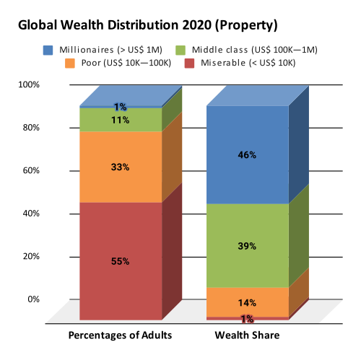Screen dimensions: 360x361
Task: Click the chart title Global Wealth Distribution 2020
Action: (x=147, y=25)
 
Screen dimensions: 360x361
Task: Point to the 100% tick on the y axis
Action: (x=30, y=85)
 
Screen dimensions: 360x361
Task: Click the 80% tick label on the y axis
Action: (x=32, y=128)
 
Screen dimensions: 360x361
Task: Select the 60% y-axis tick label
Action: (x=32, y=171)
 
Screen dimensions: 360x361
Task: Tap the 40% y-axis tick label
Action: (x=32, y=214)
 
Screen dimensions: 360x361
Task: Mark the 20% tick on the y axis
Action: (x=32, y=256)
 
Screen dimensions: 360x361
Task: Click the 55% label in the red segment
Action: (x=120, y=261)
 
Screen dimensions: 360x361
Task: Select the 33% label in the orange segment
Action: (x=120, y=167)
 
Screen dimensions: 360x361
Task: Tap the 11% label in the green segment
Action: (x=120, y=120)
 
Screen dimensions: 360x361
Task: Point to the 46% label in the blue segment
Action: (x=247, y=154)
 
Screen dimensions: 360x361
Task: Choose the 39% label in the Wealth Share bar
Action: (x=247, y=246)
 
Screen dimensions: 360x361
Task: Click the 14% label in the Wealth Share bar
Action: (x=247, y=303)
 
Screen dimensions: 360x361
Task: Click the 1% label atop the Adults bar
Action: (x=120, y=107)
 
